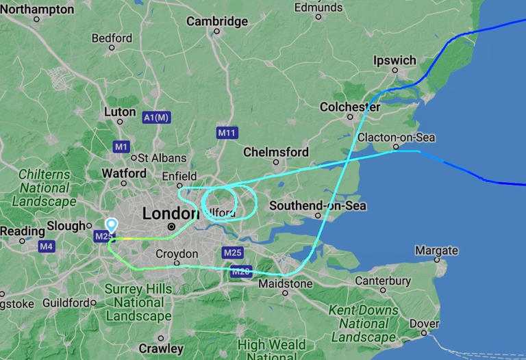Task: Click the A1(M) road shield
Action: [156, 118]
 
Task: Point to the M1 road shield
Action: [121, 146]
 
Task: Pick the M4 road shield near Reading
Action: [47, 246]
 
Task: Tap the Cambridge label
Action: [217, 21]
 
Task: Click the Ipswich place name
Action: [394, 60]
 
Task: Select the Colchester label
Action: [350, 107]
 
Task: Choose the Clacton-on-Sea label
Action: [396, 138]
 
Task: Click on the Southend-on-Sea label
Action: [318, 205]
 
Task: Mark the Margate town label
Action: [436, 250]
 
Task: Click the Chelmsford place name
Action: [276, 152]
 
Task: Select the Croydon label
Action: [177, 254]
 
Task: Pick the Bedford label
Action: [112, 38]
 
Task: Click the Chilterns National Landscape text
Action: [44, 188]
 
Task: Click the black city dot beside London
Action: [171, 227]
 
